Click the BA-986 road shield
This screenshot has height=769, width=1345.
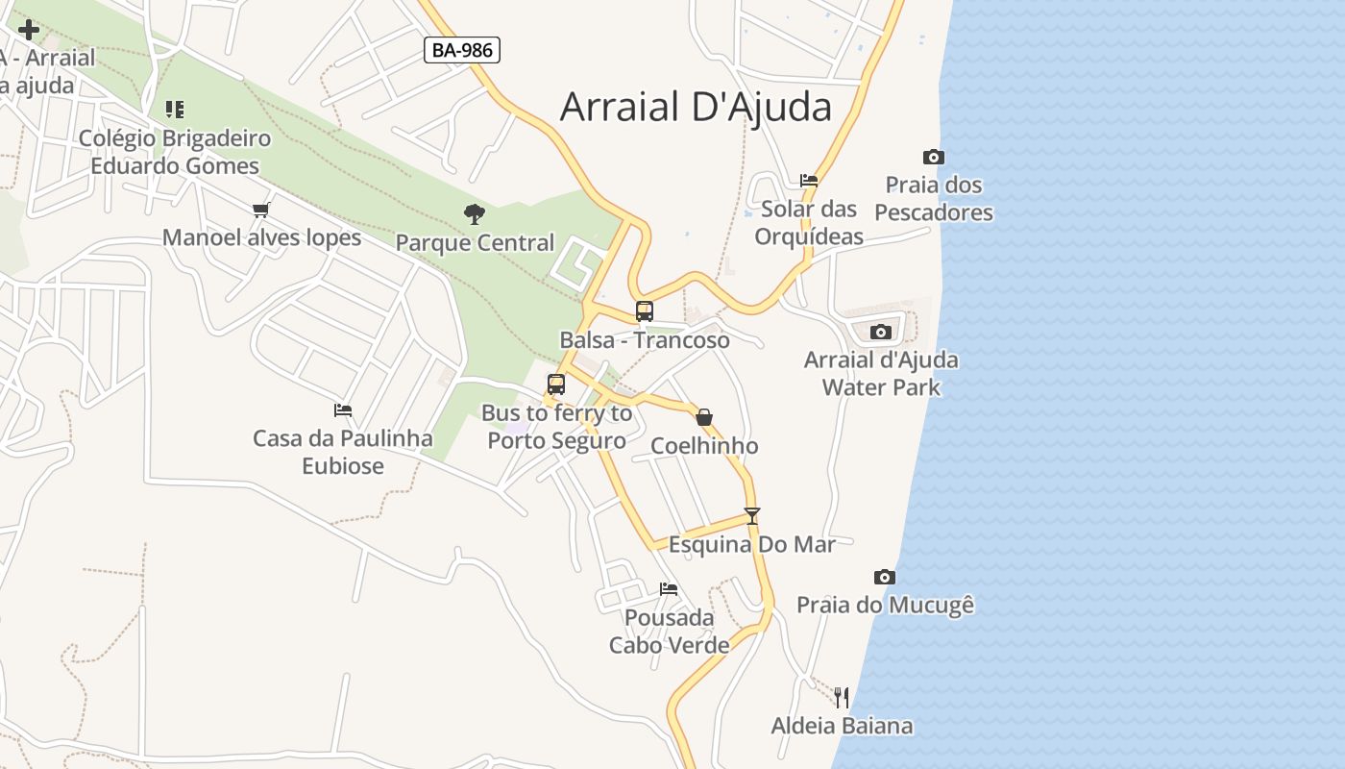pyautogui.click(x=462, y=50)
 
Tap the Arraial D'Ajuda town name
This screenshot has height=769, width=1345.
pyautogui.click(x=696, y=107)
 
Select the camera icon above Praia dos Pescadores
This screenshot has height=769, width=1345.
pyautogui.click(x=933, y=157)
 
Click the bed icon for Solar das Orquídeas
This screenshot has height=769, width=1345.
pyautogui.click(x=809, y=181)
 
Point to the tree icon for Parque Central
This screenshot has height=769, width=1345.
pyautogui.click(x=475, y=214)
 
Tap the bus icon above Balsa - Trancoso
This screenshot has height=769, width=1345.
pyautogui.click(x=644, y=311)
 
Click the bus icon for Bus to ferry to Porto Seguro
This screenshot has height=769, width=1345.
pyautogui.click(x=555, y=384)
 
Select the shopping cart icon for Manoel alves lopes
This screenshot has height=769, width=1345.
pyautogui.click(x=260, y=210)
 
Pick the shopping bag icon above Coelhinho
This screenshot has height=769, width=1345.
pyautogui.click(x=704, y=417)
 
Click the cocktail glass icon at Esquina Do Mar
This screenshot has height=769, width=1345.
pyautogui.click(x=752, y=516)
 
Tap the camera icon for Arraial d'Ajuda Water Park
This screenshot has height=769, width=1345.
pyautogui.click(x=880, y=332)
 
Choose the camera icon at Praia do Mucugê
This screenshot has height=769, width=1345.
pyautogui.click(x=885, y=577)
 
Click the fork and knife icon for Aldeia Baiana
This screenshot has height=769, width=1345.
pyautogui.click(x=842, y=697)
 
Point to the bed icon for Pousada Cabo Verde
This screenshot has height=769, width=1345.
pyautogui.click(x=669, y=588)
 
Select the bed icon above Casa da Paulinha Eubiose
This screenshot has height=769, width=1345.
pyautogui.click(x=343, y=410)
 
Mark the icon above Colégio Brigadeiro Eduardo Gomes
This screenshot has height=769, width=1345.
pyautogui.click(x=174, y=110)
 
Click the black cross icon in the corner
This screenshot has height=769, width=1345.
pyautogui.click(x=29, y=30)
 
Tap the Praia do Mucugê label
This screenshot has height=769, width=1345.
pyautogui.click(x=885, y=605)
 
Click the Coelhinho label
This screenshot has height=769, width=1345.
pyautogui.click(x=704, y=446)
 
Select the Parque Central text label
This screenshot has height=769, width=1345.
pyautogui.click(x=475, y=243)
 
